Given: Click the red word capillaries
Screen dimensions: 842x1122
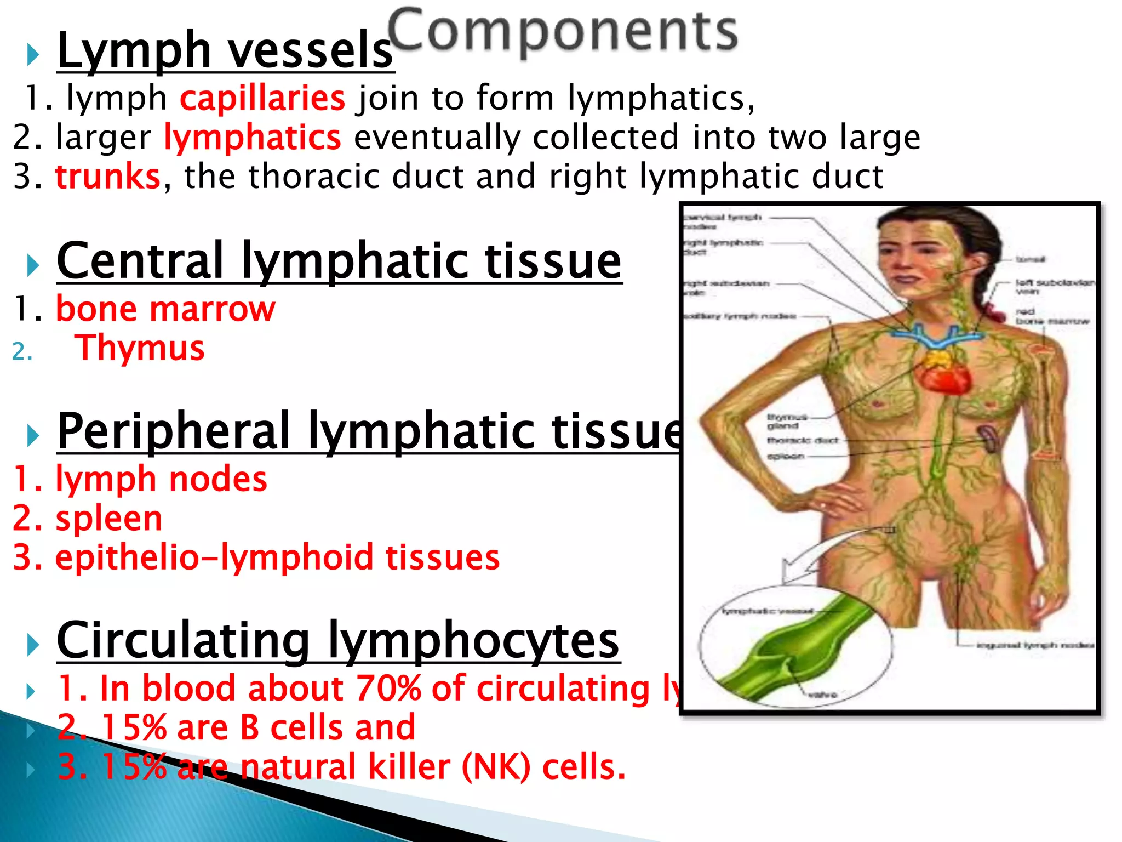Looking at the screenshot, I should [x=262, y=98].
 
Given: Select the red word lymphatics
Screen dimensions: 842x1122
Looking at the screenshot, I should [x=253, y=137].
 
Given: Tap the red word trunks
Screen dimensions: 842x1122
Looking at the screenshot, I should [x=108, y=177].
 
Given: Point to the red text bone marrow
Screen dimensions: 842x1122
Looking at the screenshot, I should [x=165, y=309].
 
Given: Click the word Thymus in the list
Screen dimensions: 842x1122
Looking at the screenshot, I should [x=140, y=348].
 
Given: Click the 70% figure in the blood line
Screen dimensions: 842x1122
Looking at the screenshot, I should [x=388, y=688].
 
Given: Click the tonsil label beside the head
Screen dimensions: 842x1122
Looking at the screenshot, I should [x=1030, y=259].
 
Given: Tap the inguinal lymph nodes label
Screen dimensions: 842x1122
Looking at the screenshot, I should [x=1035, y=645].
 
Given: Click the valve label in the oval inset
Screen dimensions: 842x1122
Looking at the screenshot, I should [x=822, y=695].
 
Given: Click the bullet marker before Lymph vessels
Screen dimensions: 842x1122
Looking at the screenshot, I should [x=33, y=55].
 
